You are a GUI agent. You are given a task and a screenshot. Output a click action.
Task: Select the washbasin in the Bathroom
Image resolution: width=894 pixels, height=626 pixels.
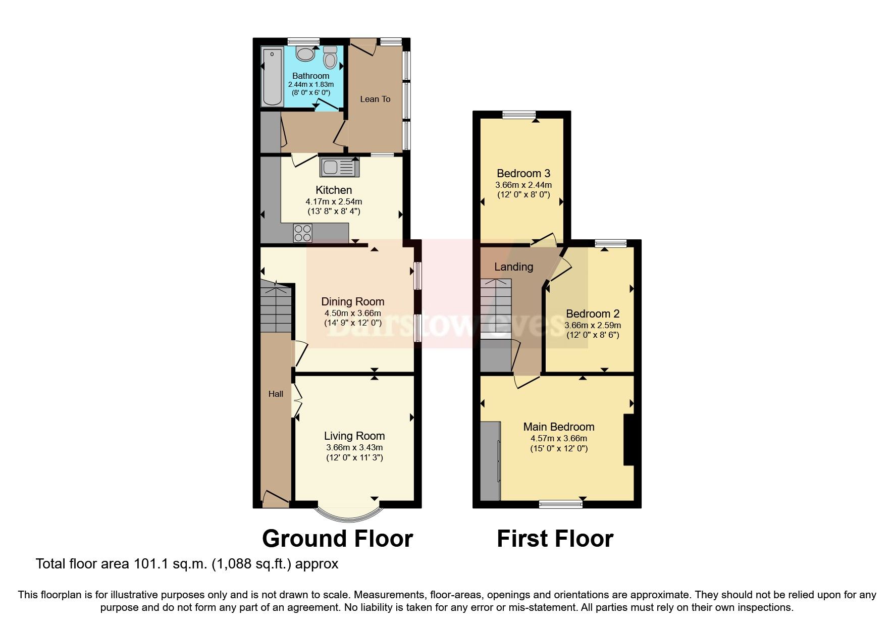tap(305, 53)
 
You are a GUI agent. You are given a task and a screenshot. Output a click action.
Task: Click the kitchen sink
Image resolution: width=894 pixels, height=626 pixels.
tap(339, 167)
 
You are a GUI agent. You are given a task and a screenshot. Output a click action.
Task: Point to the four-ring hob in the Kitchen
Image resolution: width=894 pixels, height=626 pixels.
tap(302, 233)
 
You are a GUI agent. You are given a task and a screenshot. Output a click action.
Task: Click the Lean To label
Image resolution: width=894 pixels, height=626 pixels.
tap(375, 99)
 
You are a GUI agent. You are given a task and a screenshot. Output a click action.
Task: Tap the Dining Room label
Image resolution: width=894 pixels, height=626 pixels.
tap(352, 301)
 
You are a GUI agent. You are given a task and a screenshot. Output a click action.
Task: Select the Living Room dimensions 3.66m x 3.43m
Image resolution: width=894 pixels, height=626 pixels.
tap(354, 447)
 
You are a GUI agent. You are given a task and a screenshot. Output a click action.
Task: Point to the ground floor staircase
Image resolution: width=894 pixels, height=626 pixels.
tap(276, 308)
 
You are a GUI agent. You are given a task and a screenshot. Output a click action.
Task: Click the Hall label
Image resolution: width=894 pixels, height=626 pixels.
tap(276, 394)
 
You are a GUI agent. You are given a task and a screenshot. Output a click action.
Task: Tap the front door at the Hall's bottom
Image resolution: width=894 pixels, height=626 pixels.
tap(275, 500)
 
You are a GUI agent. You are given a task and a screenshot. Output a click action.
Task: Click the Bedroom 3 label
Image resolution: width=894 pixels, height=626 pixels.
tap(523, 173)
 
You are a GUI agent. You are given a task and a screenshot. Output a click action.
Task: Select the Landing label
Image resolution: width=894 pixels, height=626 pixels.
tap(513, 267)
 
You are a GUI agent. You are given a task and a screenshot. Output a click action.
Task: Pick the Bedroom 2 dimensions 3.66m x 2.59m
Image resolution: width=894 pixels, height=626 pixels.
tap(592, 325)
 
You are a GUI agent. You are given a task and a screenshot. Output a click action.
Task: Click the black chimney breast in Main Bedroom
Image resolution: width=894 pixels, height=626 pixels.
tap(629, 439)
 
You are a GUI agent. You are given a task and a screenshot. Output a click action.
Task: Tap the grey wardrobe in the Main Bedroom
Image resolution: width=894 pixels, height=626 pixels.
tap(489, 461)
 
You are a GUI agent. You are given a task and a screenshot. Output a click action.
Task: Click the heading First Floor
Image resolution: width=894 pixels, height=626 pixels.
tap(555, 539)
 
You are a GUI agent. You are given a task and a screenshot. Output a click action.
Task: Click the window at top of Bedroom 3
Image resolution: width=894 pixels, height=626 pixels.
tap(518, 115)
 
